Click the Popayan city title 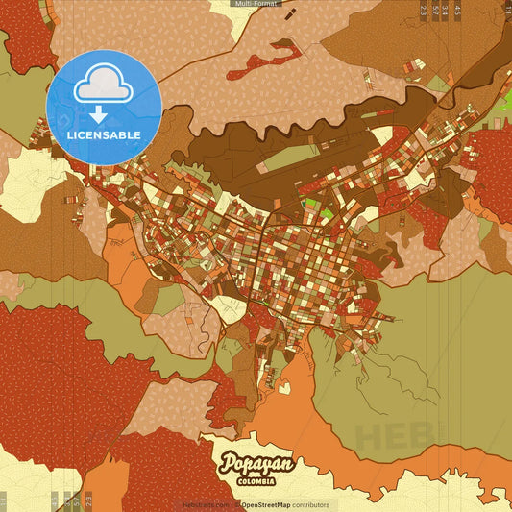(256, 465)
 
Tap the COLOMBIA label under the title (256, 480)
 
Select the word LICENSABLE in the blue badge (104, 135)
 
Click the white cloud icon (104, 85)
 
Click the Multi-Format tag (256, 4)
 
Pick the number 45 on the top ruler (457, 11)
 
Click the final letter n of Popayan (286, 463)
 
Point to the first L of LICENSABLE (69, 135)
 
